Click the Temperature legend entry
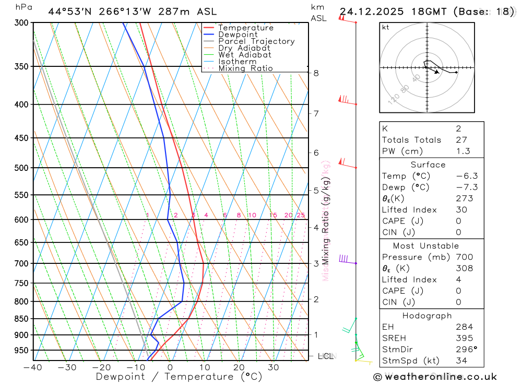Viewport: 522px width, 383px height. click(x=245, y=28)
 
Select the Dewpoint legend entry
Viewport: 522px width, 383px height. click(x=238, y=34)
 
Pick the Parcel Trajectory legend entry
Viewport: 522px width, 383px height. click(x=256, y=41)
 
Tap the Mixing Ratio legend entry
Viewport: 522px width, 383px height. click(x=245, y=68)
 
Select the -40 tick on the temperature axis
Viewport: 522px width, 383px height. click(x=33, y=367)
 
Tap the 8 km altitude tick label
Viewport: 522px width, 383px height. click(x=316, y=73)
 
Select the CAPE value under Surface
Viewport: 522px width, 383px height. click(x=458, y=221)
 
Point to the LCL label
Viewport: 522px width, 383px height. click(x=325, y=356)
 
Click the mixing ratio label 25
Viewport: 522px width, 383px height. click(x=301, y=215)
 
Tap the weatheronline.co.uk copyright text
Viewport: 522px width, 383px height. click(x=435, y=377)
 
